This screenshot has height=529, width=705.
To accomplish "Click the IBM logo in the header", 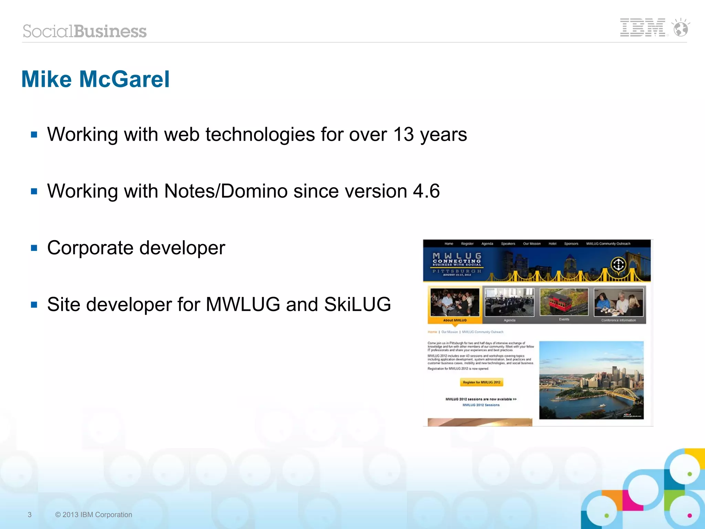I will point(642,28).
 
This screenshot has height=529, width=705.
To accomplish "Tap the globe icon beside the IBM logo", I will point(681,28).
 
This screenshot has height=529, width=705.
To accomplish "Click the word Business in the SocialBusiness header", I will point(111,31).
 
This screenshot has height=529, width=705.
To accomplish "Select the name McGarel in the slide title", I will point(124,79).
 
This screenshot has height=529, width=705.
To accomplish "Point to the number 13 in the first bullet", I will point(403,134).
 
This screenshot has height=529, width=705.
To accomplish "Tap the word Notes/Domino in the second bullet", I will point(225,191).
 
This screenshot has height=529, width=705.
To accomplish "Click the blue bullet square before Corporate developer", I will point(34,248).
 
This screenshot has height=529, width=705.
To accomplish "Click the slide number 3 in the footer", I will point(30,515).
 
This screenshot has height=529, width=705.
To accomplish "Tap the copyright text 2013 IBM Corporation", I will point(94,515).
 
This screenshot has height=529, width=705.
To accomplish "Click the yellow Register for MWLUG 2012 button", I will point(481,382).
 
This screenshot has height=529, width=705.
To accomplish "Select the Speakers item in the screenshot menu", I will point(508,244).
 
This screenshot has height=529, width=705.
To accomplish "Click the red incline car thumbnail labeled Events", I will point(564,302).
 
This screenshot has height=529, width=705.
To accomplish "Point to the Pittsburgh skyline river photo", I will point(591,380).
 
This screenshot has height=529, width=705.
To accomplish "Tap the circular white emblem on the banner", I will point(618,265).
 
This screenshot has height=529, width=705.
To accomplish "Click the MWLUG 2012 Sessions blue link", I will point(481,405).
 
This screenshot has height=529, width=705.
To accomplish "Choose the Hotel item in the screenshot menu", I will point(552,244).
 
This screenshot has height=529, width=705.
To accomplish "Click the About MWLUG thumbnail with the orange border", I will point(454,303).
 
